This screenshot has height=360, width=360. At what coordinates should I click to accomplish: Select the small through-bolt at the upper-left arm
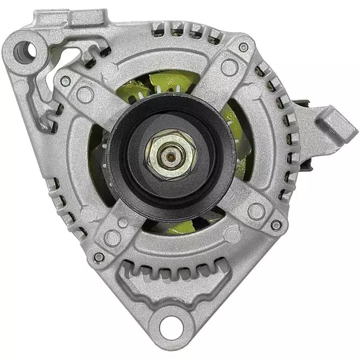(x=65, y=81)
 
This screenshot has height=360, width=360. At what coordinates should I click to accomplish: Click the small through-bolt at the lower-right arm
(x=276, y=225)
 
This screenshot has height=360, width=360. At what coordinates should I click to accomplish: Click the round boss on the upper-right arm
(x=229, y=67)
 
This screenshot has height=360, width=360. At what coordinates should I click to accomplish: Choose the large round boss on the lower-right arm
(x=256, y=211)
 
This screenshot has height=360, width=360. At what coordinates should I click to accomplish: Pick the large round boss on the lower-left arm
(x=112, y=237)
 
